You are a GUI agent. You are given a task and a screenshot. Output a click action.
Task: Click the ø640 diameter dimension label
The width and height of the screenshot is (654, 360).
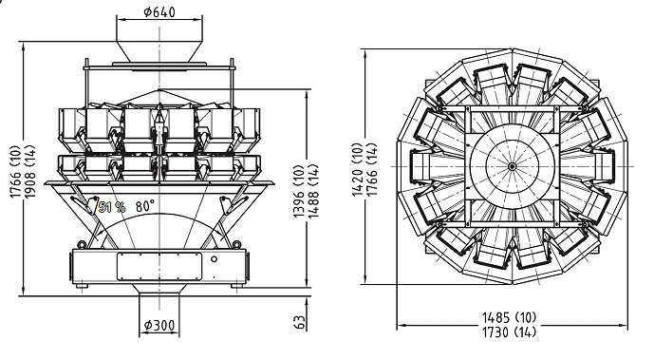pos(159,12)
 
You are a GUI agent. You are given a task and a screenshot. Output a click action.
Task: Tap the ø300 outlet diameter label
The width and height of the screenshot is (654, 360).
pos(159,325)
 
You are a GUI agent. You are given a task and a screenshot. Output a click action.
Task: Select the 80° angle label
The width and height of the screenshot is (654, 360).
pos(145,206)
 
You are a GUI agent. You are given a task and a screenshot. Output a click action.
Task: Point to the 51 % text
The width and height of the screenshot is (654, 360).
pos(112,207)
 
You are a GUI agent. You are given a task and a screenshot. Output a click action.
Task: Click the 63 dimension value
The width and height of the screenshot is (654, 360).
pos(299,322)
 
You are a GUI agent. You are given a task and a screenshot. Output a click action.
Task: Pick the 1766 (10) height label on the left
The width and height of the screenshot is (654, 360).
pos(14,171)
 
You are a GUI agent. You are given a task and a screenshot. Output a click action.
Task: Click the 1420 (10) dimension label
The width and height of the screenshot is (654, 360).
pos(358,169)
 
